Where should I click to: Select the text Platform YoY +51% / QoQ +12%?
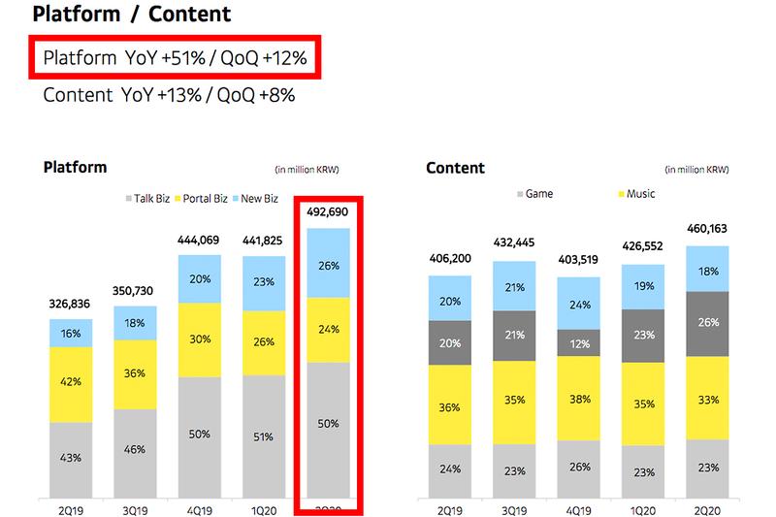pyautogui.click(x=176, y=58)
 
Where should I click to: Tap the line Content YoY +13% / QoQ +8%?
pyautogui.click(x=169, y=95)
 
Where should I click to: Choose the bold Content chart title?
pyautogui.click(x=455, y=168)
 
